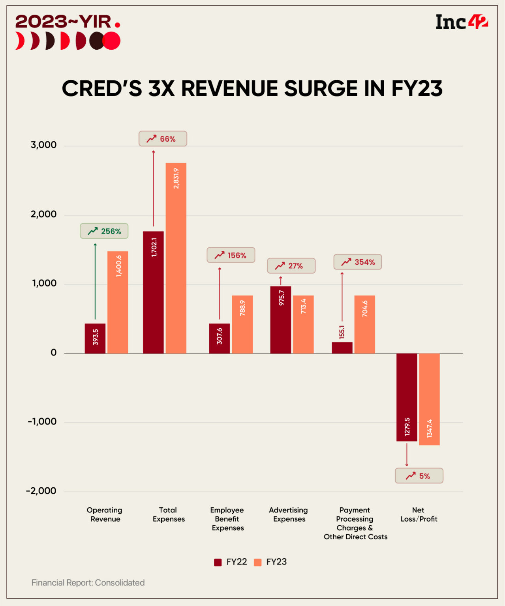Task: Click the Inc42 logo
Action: [x=461, y=22]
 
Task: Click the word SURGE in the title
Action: [x=321, y=88]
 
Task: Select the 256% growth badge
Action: [x=104, y=231]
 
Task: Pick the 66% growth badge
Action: [x=162, y=139]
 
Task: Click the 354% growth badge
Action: [x=358, y=262]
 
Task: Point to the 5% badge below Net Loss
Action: [x=419, y=476]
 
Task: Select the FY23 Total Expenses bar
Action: [x=176, y=258]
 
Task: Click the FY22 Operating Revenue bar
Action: [x=95, y=338]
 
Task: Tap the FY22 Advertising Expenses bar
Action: [x=281, y=320]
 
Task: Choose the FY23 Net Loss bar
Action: [x=429, y=399]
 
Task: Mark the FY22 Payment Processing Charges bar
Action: [x=342, y=347]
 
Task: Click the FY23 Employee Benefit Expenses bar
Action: [x=242, y=324]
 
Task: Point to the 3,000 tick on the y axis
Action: [x=43, y=145]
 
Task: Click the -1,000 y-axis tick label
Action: [x=42, y=422]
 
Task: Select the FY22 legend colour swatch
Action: [x=218, y=562]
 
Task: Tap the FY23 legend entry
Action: [x=271, y=562]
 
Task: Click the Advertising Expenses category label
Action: [x=289, y=514]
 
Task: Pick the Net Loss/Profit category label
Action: [x=419, y=514]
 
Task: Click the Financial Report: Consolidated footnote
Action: [x=88, y=583]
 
